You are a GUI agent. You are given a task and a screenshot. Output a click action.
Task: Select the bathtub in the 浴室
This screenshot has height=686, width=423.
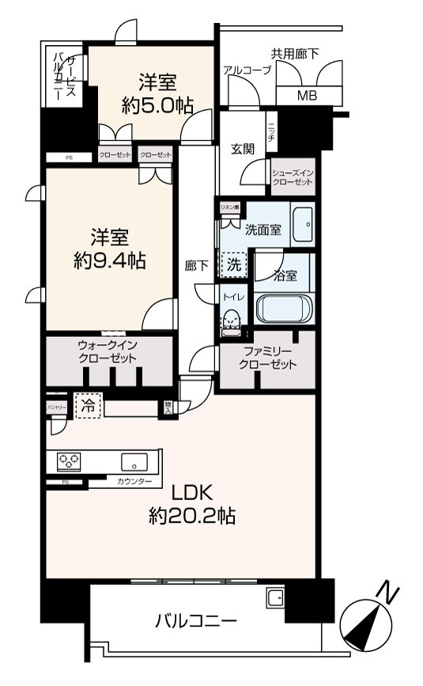point(284,308)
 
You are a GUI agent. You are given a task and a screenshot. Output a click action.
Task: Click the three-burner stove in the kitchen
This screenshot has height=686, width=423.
point(68,461)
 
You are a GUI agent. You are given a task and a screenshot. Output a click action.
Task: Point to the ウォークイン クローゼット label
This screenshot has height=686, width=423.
point(108,352)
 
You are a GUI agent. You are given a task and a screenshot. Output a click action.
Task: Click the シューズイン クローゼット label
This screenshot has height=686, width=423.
point(293,176)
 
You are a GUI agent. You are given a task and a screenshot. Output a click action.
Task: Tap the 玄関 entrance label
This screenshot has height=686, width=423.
point(242,149)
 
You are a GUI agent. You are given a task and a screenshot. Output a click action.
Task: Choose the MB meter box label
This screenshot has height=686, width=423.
point(306,97)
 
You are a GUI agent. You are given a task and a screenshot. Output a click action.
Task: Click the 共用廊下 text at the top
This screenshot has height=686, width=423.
point(295,54)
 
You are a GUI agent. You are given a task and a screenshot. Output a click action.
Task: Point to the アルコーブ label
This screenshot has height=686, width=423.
point(247,70)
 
